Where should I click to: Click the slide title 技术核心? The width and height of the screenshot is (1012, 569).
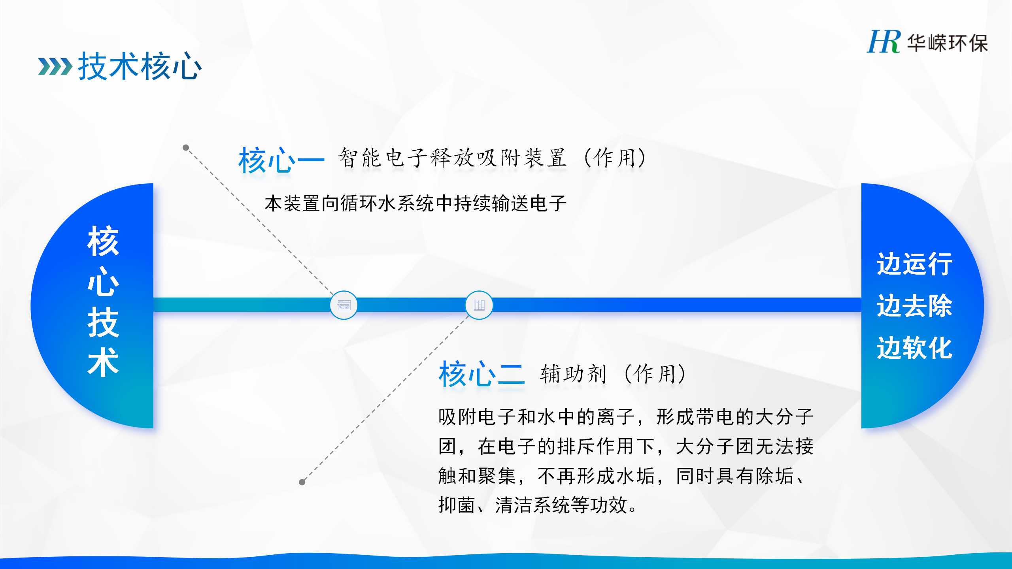pyautogui.click(x=140, y=66)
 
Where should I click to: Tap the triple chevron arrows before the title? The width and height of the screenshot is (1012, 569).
pyautogui.click(x=55, y=66)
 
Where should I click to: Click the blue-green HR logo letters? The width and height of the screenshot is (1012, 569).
pyautogui.click(x=884, y=41)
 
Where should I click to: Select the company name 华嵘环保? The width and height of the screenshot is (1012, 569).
pyautogui.click(x=947, y=43)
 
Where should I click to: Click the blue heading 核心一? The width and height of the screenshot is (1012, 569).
pyautogui.click(x=281, y=160)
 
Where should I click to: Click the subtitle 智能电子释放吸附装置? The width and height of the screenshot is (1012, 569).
pyautogui.click(x=453, y=158)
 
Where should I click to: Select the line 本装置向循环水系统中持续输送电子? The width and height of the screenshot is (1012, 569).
pyautogui.click(x=415, y=203)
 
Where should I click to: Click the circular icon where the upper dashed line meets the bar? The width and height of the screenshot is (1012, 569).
pyautogui.click(x=344, y=305)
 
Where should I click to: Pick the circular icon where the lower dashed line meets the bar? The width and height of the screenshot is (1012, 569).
pyautogui.click(x=479, y=305)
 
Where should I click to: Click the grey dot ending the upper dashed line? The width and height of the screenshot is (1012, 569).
pyautogui.click(x=186, y=148)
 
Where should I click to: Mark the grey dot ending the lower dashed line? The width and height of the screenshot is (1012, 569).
pyautogui.click(x=302, y=482)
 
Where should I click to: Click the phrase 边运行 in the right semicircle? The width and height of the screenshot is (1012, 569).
pyautogui.click(x=915, y=264)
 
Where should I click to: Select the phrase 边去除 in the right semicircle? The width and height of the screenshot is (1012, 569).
pyautogui.click(x=915, y=305)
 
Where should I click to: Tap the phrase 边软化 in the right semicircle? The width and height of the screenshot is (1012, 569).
pyautogui.click(x=915, y=348)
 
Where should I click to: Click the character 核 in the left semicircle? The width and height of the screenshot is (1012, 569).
pyautogui.click(x=103, y=241)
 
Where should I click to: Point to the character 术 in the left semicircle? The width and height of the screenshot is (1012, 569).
pyautogui.click(x=103, y=362)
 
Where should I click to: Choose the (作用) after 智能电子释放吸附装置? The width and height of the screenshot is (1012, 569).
pyautogui.click(x=615, y=158)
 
